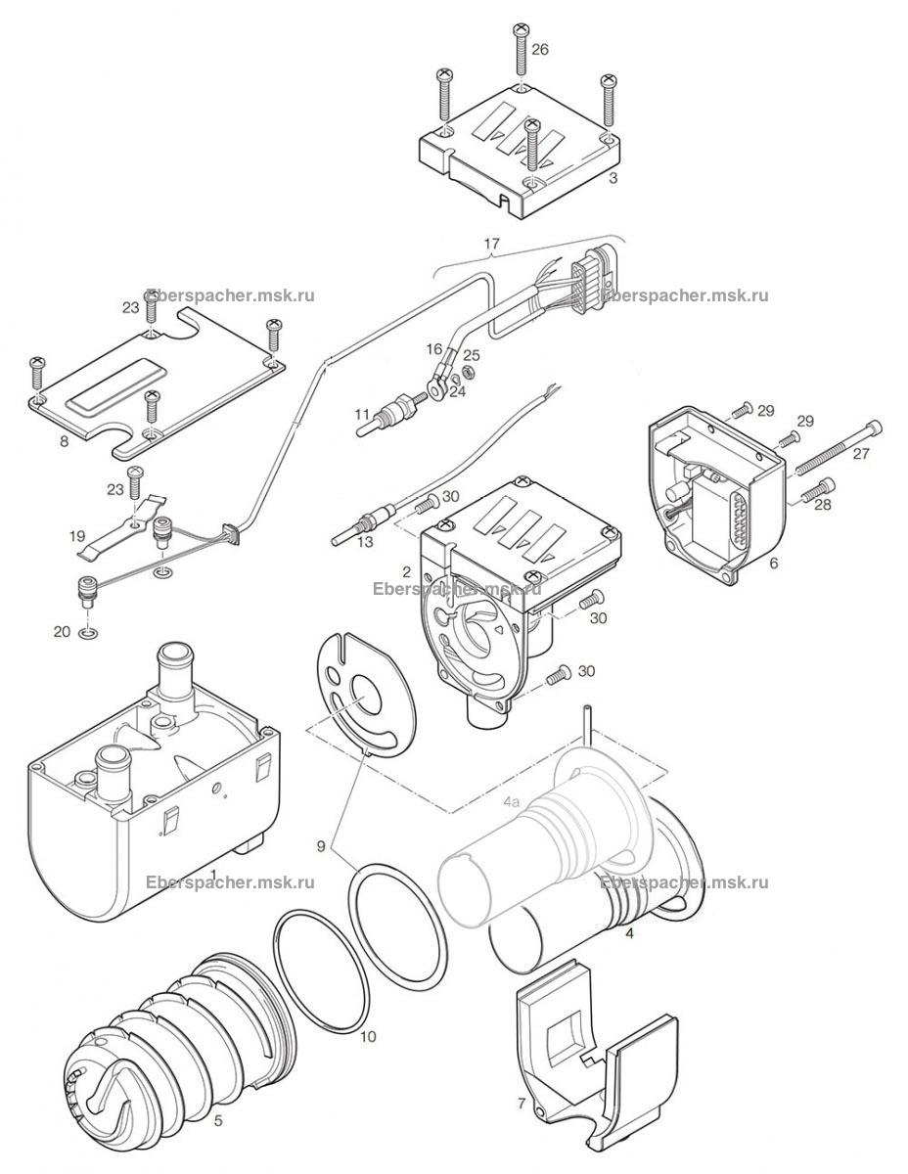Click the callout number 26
click(539, 50)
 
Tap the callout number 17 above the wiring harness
click(491, 244)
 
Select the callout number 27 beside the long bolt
click(861, 453)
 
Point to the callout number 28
click(822, 504)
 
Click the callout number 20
click(62, 631)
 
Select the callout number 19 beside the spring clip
click(76, 536)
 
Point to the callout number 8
click(65, 441)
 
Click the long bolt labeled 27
click(838, 447)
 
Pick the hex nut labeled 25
click(470, 372)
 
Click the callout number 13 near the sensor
click(365, 541)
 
